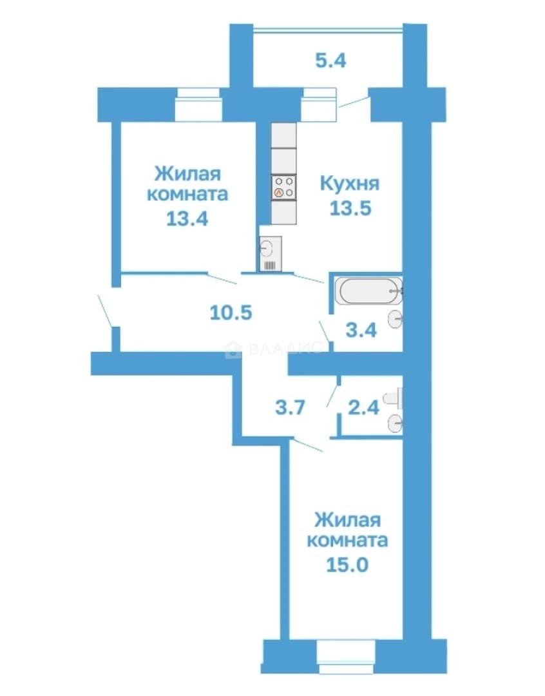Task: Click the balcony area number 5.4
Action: click(330, 60)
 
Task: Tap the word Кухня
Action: click(350, 183)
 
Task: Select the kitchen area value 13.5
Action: click(350, 208)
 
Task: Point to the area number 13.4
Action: click(187, 218)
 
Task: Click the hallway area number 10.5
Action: click(231, 313)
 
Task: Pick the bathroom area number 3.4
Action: click(361, 330)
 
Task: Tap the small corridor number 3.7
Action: click(291, 407)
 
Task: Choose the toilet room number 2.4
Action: click(364, 407)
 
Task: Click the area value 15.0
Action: click(347, 565)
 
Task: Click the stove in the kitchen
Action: click(283, 187)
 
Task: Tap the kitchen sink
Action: click(271, 253)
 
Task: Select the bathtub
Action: click(368, 291)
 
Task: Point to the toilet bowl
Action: click(393, 398)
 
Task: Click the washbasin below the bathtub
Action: click(395, 319)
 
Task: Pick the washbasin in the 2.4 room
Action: click(395, 423)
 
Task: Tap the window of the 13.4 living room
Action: click(198, 104)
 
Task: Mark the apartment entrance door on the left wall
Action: click(105, 311)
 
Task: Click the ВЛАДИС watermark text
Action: click(274, 349)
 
